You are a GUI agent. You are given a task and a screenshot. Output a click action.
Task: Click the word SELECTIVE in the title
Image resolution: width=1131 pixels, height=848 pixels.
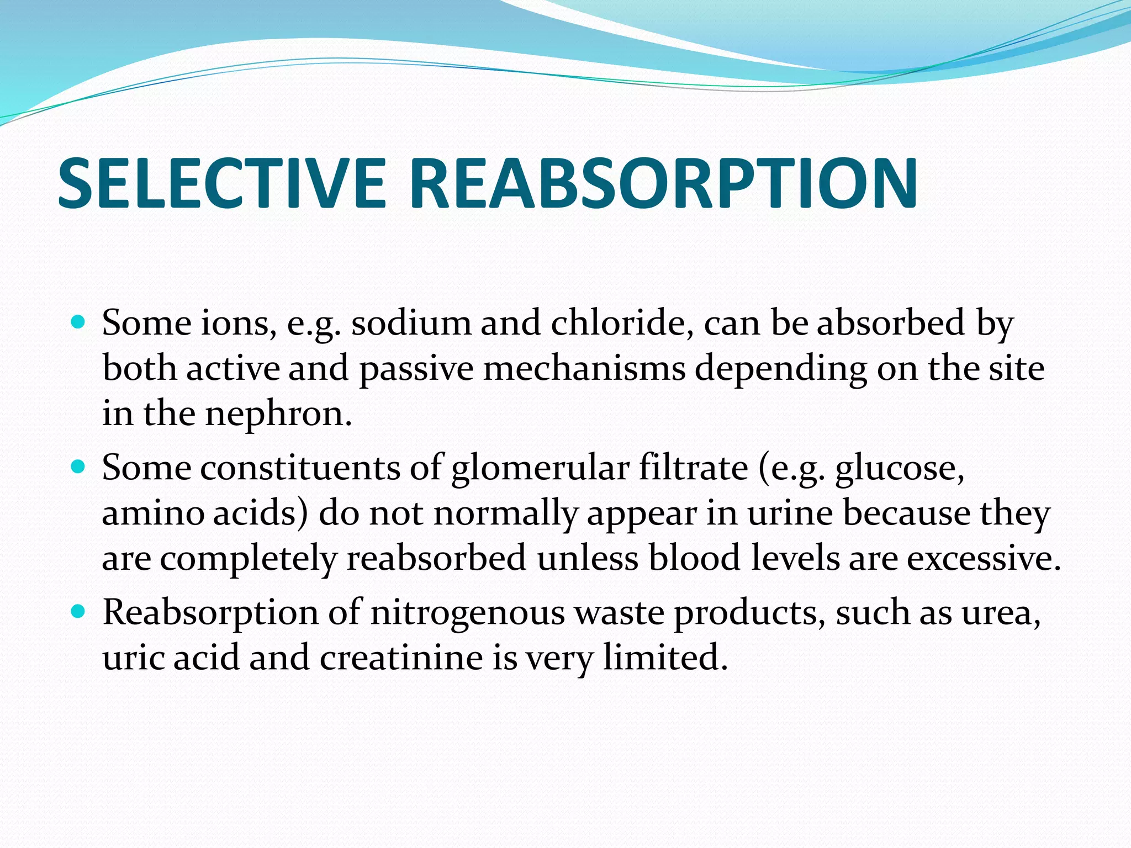pos(221,183)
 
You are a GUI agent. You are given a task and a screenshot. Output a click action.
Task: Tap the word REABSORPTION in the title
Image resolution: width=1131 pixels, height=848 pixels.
pos(663,183)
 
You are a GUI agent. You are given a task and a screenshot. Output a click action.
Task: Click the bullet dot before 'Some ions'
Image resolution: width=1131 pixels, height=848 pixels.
pos(79,321)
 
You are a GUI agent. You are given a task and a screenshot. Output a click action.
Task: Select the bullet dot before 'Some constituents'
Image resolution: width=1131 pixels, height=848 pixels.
pos(79,467)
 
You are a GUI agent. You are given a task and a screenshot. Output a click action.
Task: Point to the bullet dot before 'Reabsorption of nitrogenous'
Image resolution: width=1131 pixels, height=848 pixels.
pos(79,611)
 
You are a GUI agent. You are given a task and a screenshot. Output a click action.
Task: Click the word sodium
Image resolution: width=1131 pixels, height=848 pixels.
pos(411,322)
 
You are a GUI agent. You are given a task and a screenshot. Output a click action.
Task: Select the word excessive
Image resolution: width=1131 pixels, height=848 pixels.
pos(983,559)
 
